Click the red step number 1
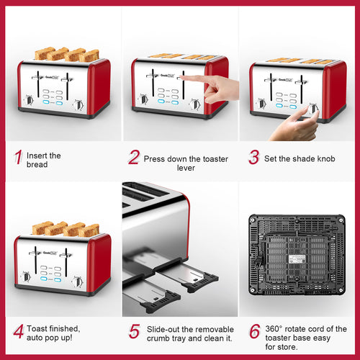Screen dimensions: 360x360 (x=19, y=157)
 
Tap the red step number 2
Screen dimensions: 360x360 (x=134, y=157)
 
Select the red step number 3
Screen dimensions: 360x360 (x=254, y=157)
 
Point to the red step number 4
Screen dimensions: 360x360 (x=19, y=331)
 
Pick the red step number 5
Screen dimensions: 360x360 (x=135, y=331)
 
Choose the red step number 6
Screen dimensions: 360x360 (x=255, y=331)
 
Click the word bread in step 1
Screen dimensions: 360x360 (x=37, y=165)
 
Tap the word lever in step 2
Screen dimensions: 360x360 (x=186, y=168)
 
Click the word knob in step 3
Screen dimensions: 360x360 (x=326, y=158)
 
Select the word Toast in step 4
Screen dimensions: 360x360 (x=37, y=328)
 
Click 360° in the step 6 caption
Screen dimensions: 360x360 (x=274, y=329)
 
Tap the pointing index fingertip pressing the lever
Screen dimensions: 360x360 (x=181, y=78)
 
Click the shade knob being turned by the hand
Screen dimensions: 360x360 (x=312, y=109)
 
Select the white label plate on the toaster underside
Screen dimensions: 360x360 (x=297, y=259)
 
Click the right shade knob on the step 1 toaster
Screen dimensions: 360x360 (x=78, y=105)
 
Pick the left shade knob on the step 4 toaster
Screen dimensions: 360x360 (x=26, y=277)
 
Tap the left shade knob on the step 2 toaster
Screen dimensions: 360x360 (x=143, y=99)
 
